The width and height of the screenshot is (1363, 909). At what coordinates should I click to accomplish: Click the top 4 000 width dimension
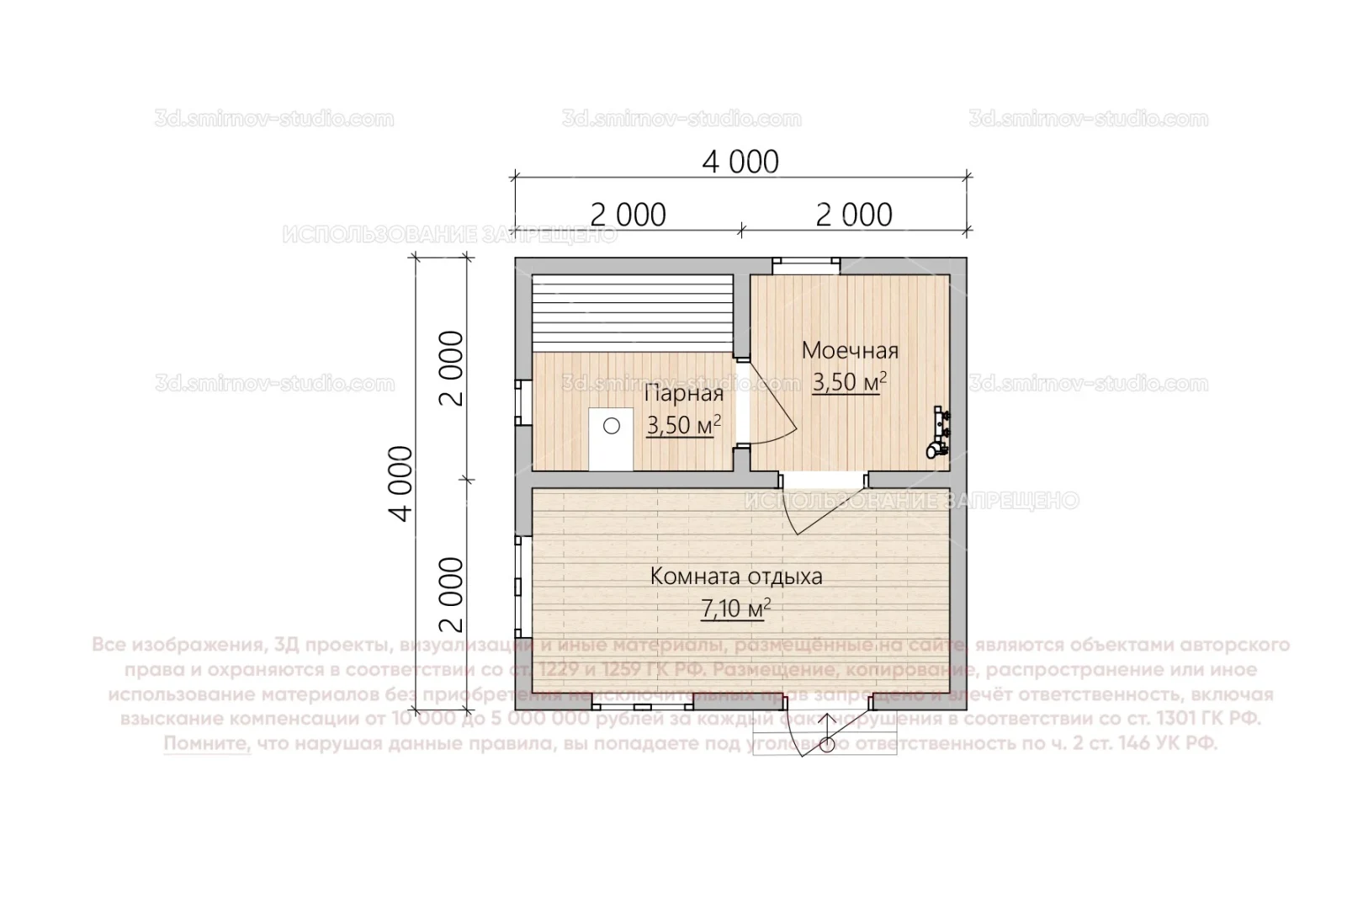click(x=740, y=162)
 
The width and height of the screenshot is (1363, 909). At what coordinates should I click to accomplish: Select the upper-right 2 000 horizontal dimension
click(x=854, y=215)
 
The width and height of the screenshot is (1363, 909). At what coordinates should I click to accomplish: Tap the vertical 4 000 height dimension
click(x=403, y=483)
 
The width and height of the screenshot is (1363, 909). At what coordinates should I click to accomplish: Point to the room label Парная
click(x=683, y=394)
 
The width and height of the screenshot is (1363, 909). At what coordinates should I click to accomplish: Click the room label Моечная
click(x=850, y=350)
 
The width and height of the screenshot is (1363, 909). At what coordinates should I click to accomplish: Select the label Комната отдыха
click(x=736, y=577)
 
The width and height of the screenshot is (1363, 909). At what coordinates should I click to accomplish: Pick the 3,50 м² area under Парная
click(x=683, y=426)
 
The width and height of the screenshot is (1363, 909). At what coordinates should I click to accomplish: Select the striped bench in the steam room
click(x=633, y=313)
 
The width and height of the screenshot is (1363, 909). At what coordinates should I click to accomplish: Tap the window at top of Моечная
click(x=807, y=264)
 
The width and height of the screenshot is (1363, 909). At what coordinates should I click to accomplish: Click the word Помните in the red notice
click(x=207, y=744)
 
